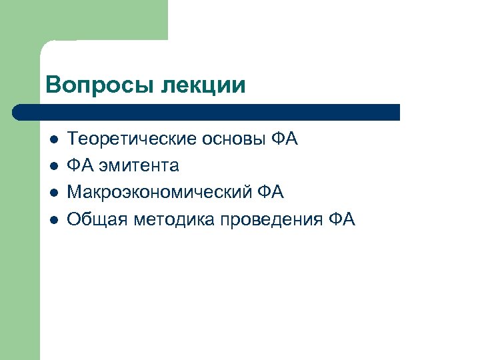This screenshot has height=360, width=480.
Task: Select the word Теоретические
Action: click(125, 139)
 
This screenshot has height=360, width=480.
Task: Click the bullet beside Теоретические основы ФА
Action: click(53, 140)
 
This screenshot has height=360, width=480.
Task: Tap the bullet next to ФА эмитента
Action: click(53, 166)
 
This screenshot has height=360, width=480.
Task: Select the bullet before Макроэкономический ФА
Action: click(53, 193)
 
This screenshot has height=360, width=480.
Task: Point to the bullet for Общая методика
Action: click(53, 219)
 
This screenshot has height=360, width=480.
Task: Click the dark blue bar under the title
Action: click(207, 111)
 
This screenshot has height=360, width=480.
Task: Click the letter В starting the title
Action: click(53, 85)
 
